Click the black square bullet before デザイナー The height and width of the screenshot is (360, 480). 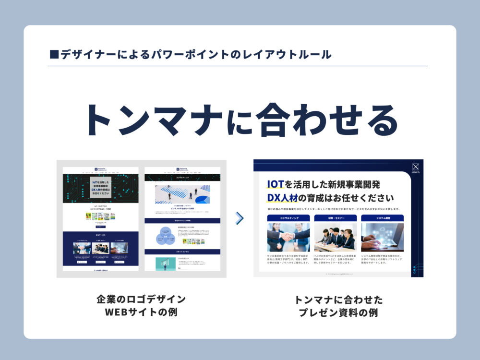coord(54,54)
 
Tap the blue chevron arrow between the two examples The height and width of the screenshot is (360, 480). coord(240,218)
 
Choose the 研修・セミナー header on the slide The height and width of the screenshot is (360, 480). coord(335,218)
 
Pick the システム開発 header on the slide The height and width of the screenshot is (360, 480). coord(382,218)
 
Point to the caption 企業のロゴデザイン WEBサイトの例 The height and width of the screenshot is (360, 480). coord(141,306)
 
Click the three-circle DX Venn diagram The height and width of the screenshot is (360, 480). coord(165,236)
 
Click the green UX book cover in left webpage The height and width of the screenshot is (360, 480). coord(88,216)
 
